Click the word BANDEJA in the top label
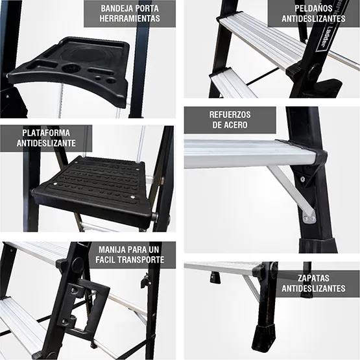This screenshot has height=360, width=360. tap(118, 8)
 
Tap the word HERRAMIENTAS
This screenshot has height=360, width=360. tap(130, 19)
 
